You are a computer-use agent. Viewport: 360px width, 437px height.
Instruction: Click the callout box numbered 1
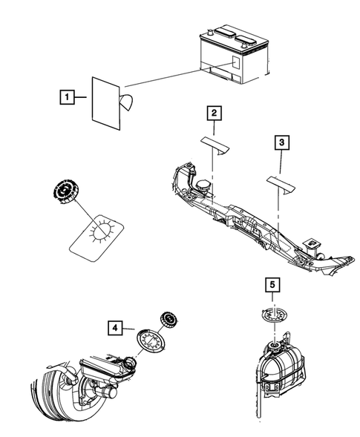tap(66, 96)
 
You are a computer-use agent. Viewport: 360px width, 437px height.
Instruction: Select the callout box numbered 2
tap(214, 113)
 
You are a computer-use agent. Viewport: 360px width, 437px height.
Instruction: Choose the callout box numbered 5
tap(272, 284)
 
